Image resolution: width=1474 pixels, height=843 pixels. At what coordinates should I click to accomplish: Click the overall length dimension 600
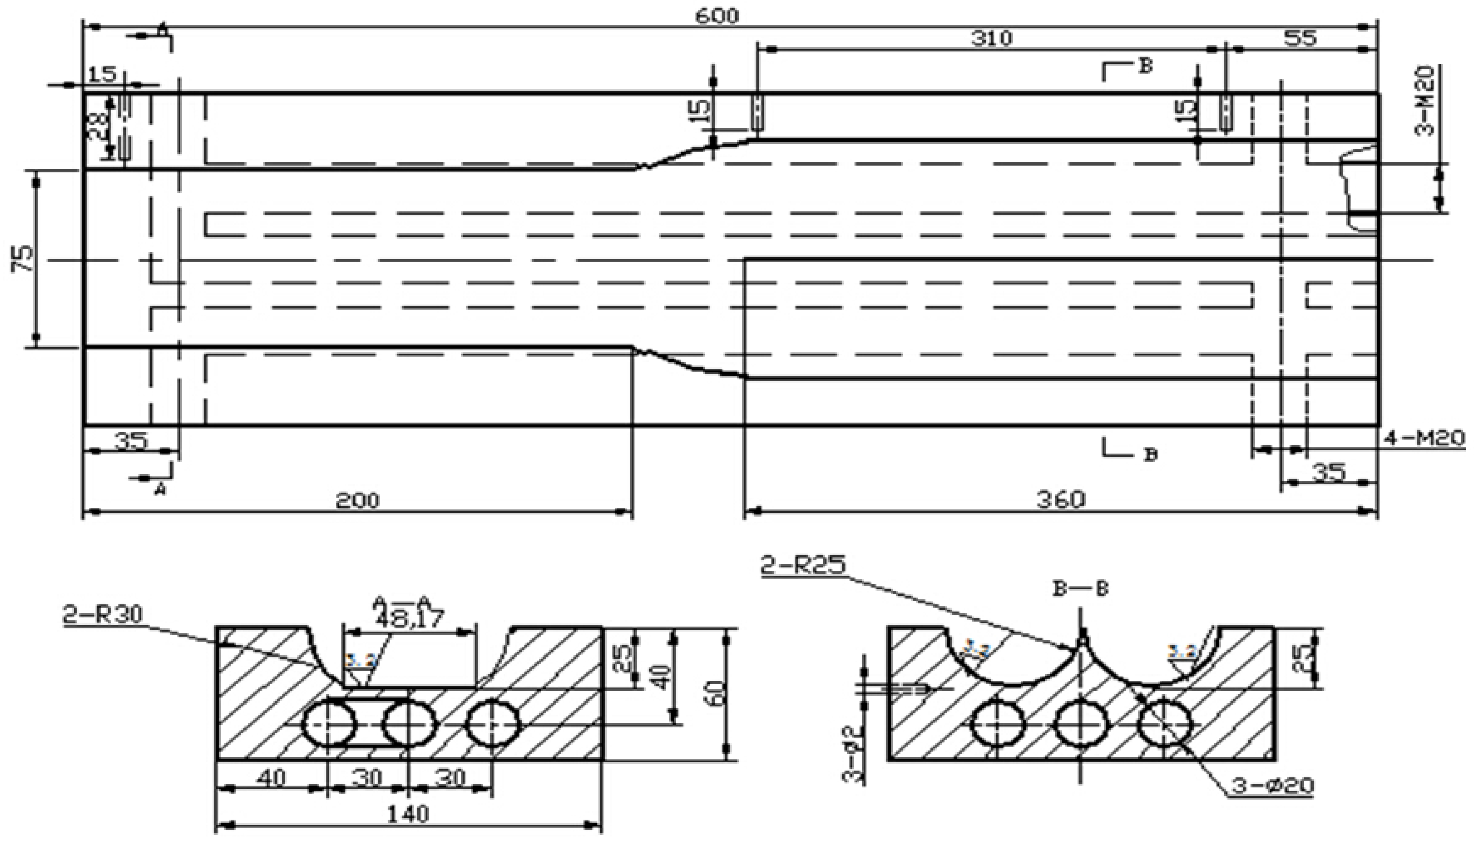pos(717,16)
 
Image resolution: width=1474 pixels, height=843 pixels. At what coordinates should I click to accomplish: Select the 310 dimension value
pos(992,38)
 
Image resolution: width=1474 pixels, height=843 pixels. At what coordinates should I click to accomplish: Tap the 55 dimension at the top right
pos(1300,38)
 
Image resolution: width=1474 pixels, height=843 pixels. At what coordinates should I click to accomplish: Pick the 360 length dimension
pos(1060,499)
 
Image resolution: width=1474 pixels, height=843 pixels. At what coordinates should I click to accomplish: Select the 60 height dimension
pos(716,693)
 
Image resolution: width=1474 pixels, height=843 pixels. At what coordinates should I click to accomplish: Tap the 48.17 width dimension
pos(410,619)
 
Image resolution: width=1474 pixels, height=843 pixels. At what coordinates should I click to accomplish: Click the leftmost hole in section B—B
pos(998,724)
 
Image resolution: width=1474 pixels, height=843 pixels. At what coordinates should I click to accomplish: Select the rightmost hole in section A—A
pos(494,724)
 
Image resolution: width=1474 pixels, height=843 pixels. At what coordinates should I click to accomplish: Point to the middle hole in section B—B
pos(1080,724)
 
